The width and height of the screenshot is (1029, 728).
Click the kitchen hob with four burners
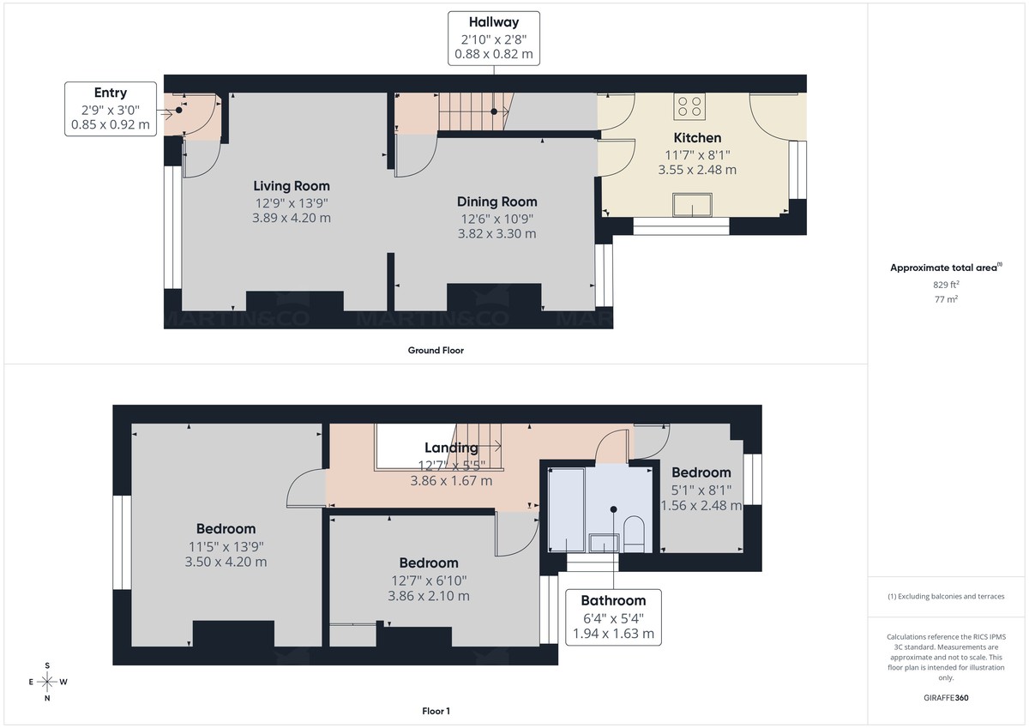(690, 106)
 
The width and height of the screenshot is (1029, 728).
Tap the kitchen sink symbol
(694, 206)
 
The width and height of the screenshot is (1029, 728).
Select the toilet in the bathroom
(635, 533)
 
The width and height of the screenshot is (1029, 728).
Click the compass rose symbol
(47, 682)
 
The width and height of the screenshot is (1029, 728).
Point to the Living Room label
(292, 186)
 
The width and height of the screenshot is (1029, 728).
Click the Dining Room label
(497, 202)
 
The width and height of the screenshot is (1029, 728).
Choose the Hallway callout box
(494, 38)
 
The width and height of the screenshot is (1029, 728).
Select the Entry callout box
(110, 109)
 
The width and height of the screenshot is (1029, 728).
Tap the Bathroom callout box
(613, 617)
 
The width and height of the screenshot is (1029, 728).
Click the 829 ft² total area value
(946, 285)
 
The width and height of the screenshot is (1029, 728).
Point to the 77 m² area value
(946, 299)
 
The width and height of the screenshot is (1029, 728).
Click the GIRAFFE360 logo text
(946, 698)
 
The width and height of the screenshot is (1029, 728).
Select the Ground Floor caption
(436, 350)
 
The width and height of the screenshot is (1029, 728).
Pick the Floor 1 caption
(436, 711)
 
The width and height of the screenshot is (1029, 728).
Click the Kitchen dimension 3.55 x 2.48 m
(697, 170)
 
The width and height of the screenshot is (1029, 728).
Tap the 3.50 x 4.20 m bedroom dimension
(226, 562)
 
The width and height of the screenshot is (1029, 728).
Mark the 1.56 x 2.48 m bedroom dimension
(701, 505)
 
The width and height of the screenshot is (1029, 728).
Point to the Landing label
(451, 448)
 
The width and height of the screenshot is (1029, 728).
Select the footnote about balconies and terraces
(946, 596)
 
